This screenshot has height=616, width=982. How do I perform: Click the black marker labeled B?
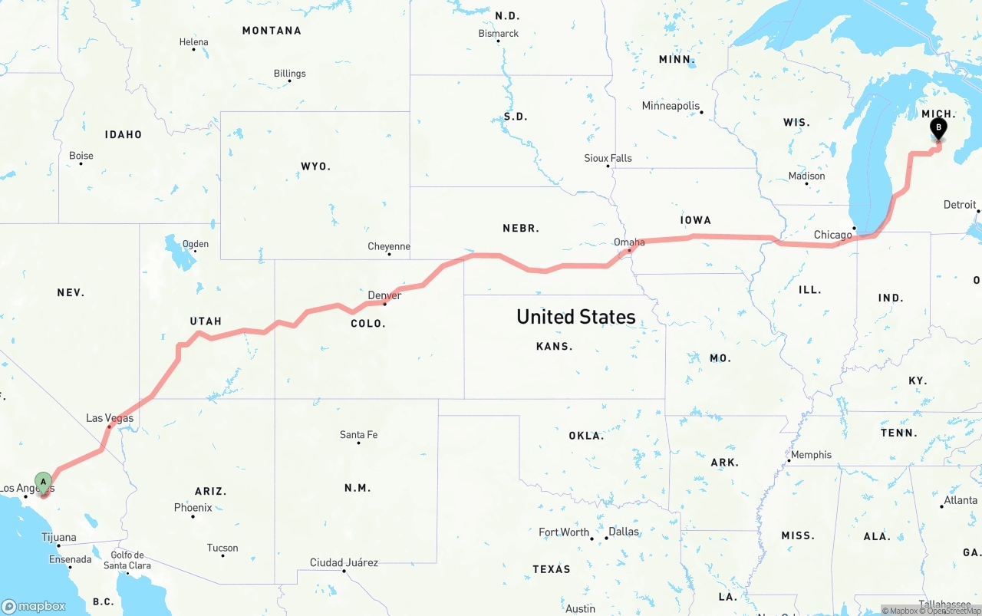pyautogui.click(x=938, y=128)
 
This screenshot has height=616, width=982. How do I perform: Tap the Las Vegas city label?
pyautogui.click(x=110, y=418)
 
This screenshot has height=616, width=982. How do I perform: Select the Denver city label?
pyautogui.click(x=384, y=295)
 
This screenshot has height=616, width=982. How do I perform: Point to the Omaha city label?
pyautogui.click(x=629, y=242)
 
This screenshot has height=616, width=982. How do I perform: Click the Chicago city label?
pyautogui.click(x=833, y=235)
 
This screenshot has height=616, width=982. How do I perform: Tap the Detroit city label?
pyautogui.click(x=960, y=205)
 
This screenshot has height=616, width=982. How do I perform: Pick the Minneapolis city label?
pyautogui.click(x=671, y=106)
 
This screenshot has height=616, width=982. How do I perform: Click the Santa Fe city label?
pyautogui.click(x=358, y=435)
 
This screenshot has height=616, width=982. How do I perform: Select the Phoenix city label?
pyautogui.click(x=193, y=507)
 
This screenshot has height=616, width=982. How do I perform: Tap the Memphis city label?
pyautogui.click(x=811, y=455)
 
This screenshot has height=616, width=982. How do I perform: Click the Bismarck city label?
pyautogui.click(x=499, y=34)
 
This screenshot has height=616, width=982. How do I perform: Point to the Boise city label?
pyautogui.click(x=81, y=156)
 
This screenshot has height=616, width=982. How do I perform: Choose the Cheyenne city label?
pyautogui.click(x=389, y=246)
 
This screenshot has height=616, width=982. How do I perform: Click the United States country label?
pyautogui.click(x=575, y=317)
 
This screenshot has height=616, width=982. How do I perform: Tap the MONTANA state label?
pyautogui.click(x=272, y=31)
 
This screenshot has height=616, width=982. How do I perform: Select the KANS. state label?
pyautogui.click(x=554, y=347)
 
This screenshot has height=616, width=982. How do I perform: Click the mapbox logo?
pyautogui.click(x=34, y=606)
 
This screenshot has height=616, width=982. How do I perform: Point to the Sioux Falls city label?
pyautogui.click(x=608, y=158)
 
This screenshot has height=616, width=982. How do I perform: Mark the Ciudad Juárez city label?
pyautogui.click(x=344, y=562)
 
